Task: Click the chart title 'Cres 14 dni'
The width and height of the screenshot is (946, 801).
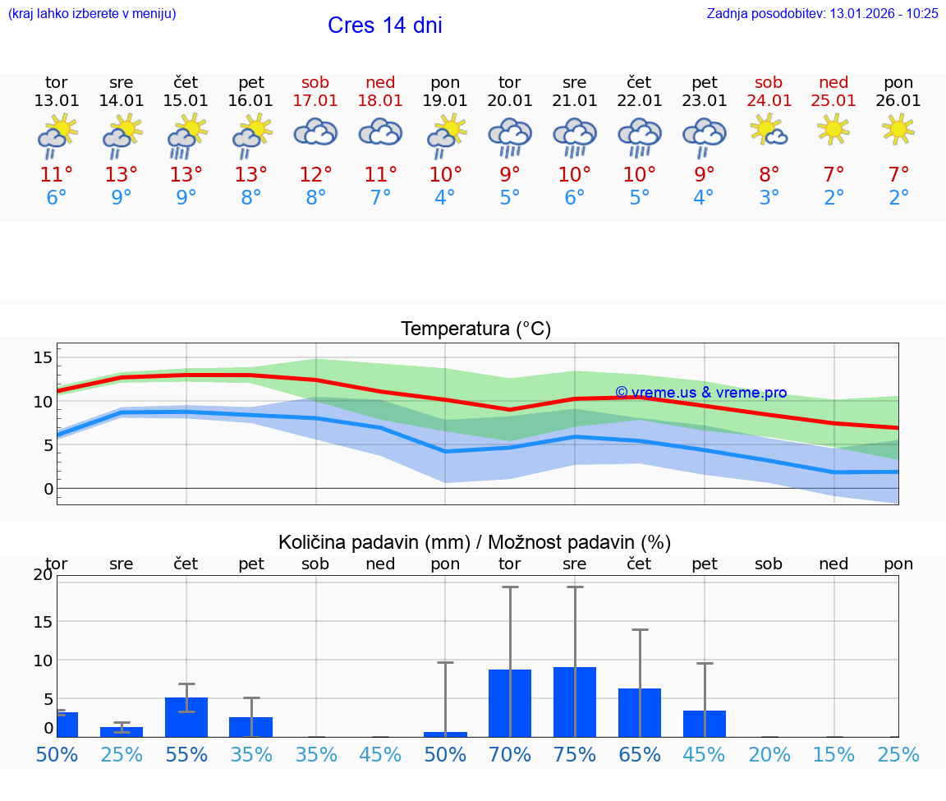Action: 384,25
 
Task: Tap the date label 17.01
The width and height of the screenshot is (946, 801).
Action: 315,101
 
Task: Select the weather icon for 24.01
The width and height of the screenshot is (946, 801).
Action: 769,131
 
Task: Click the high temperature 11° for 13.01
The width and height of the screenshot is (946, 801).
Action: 57,175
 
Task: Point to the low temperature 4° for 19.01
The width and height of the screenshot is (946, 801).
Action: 445,198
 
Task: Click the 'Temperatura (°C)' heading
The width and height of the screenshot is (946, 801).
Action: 475,329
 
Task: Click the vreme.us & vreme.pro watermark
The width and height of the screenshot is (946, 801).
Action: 700,393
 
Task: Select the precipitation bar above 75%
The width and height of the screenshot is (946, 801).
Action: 575,702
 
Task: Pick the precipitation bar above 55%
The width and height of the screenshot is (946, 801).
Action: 186,716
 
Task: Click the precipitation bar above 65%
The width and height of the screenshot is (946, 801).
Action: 640,712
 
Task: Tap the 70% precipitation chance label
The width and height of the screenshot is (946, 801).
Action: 510,754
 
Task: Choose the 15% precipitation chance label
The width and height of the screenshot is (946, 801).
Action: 834,754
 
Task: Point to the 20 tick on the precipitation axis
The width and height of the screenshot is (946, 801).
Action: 43,575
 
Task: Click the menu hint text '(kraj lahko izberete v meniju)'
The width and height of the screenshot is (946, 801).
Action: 91,13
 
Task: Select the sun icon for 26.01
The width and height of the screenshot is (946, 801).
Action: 898,128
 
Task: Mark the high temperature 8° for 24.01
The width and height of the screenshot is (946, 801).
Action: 769,175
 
